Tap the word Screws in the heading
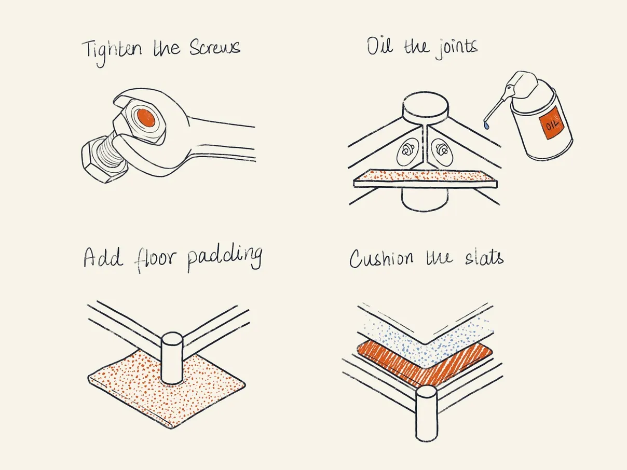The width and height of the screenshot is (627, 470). [x=214, y=48]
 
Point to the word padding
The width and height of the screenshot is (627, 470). [x=224, y=258]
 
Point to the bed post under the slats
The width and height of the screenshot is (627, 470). [x=427, y=415]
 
